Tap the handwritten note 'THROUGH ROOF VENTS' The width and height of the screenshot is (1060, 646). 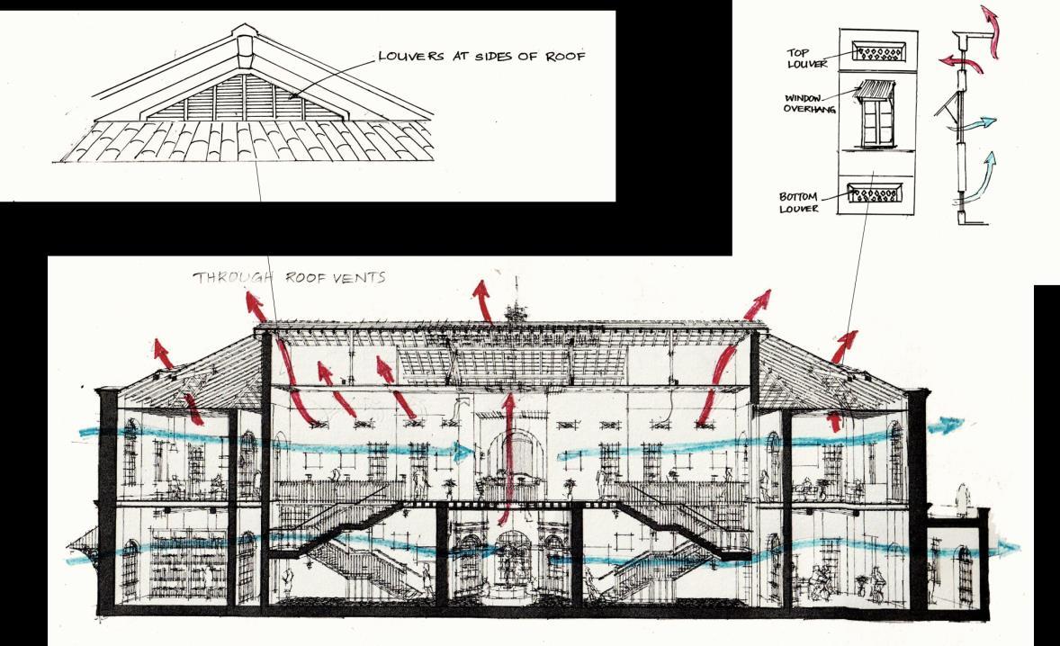(x=289, y=278)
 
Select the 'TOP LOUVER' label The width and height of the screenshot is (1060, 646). (x=804, y=58)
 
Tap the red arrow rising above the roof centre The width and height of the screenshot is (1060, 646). (x=482, y=301)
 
